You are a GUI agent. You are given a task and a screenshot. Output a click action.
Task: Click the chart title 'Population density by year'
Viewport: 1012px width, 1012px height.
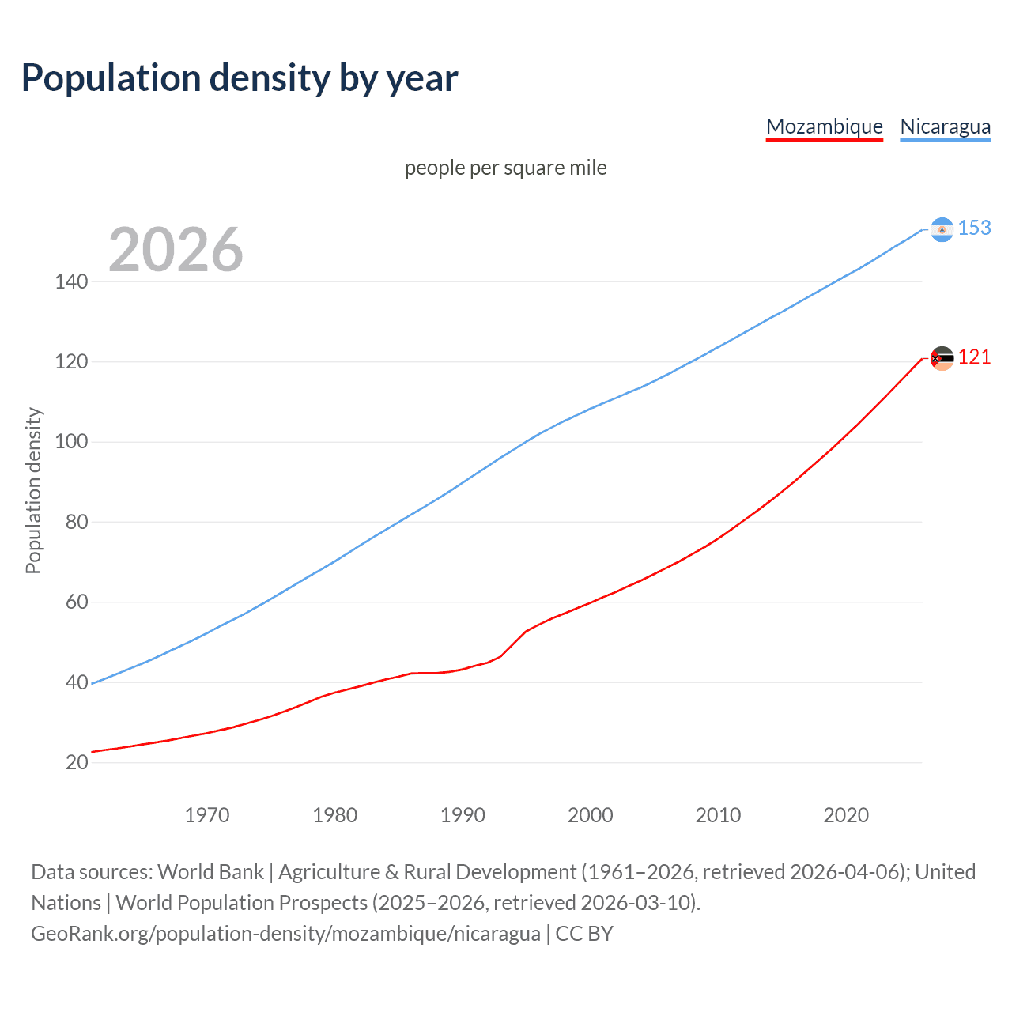pyautogui.click(x=240, y=78)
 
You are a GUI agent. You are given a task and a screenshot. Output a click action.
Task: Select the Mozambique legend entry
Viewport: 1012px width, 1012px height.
pyautogui.click(x=824, y=126)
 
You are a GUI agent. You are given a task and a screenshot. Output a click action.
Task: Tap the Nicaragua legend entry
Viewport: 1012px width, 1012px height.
pyautogui.click(x=945, y=126)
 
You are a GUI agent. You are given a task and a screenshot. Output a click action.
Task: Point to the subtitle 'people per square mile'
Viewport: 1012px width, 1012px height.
pyautogui.click(x=505, y=168)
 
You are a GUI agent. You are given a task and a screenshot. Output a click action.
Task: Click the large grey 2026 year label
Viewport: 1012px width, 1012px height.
pyautogui.click(x=176, y=250)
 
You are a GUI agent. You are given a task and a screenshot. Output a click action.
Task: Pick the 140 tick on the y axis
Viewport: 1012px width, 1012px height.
pyautogui.click(x=71, y=281)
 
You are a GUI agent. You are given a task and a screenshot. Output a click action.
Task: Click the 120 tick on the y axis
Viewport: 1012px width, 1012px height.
pyautogui.click(x=71, y=362)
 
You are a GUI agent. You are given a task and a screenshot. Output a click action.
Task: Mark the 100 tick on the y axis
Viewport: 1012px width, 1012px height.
pyautogui.click(x=71, y=442)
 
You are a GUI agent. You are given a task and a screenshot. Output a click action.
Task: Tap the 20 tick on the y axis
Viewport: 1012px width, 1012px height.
pyautogui.click(x=76, y=763)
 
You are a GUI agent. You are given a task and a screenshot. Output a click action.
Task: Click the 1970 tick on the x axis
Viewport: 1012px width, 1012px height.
pyautogui.click(x=207, y=815)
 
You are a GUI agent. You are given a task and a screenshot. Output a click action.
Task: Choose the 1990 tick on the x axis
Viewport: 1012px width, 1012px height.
pyautogui.click(x=463, y=815)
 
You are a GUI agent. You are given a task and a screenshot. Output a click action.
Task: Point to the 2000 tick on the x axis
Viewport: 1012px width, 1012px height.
pyautogui.click(x=591, y=815)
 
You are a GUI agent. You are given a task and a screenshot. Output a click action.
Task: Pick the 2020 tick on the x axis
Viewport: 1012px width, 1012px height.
pyautogui.click(x=846, y=815)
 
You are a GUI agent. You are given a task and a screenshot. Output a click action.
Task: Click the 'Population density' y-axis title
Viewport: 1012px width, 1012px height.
pyautogui.click(x=33, y=490)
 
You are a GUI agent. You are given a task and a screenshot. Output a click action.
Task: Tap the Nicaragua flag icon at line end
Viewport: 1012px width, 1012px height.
pyautogui.click(x=942, y=229)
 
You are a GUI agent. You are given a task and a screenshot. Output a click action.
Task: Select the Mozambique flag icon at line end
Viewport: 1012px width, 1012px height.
pyautogui.click(x=942, y=358)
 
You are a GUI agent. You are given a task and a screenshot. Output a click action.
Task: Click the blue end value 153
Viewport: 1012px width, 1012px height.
pyautogui.click(x=974, y=228)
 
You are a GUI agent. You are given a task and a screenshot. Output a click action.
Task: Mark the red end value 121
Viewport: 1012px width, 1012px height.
pyautogui.click(x=974, y=357)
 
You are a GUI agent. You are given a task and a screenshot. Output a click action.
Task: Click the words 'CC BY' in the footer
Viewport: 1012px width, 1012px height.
pyautogui.click(x=584, y=934)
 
